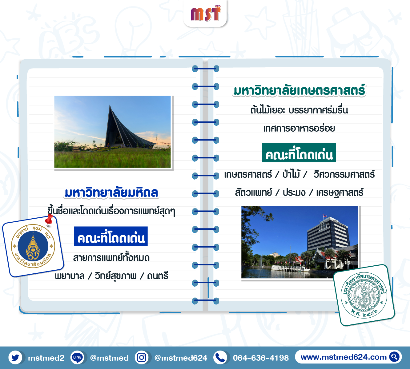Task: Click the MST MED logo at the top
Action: (206, 14)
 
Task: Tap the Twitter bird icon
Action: (15, 358)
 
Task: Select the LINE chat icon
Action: (77, 358)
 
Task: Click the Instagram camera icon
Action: (142, 358)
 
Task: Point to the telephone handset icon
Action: (220, 358)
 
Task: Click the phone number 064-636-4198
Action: (261, 358)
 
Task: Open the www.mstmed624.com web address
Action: (344, 357)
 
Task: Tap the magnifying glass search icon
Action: (394, 357)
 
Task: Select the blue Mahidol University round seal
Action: (33, 246)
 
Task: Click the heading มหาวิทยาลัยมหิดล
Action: (111, 192)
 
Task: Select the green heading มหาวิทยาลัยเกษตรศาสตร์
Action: (299, 90)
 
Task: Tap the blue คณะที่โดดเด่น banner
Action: (111, 236)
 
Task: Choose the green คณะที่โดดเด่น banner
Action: (299, 153)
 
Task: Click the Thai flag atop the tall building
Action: (325, 216)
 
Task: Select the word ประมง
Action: (294, 192)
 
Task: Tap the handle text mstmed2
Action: (46, 358)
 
